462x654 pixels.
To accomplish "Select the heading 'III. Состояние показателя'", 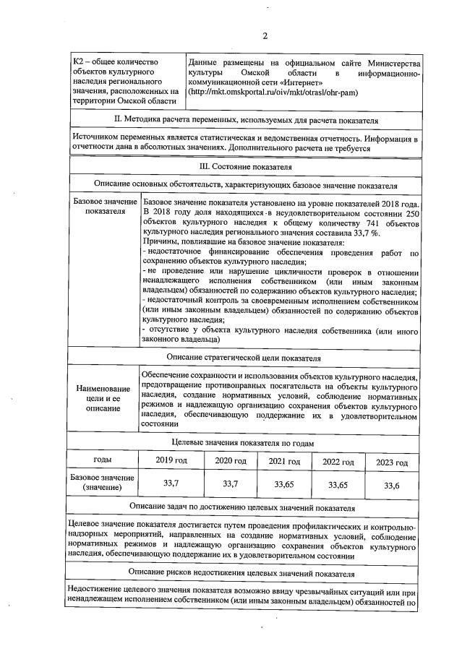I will tap(245, 166).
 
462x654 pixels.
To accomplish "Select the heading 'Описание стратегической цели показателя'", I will tap(245, 357).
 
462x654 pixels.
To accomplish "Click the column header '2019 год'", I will tap(172, 462).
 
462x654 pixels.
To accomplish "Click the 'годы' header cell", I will tap(103, 460).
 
